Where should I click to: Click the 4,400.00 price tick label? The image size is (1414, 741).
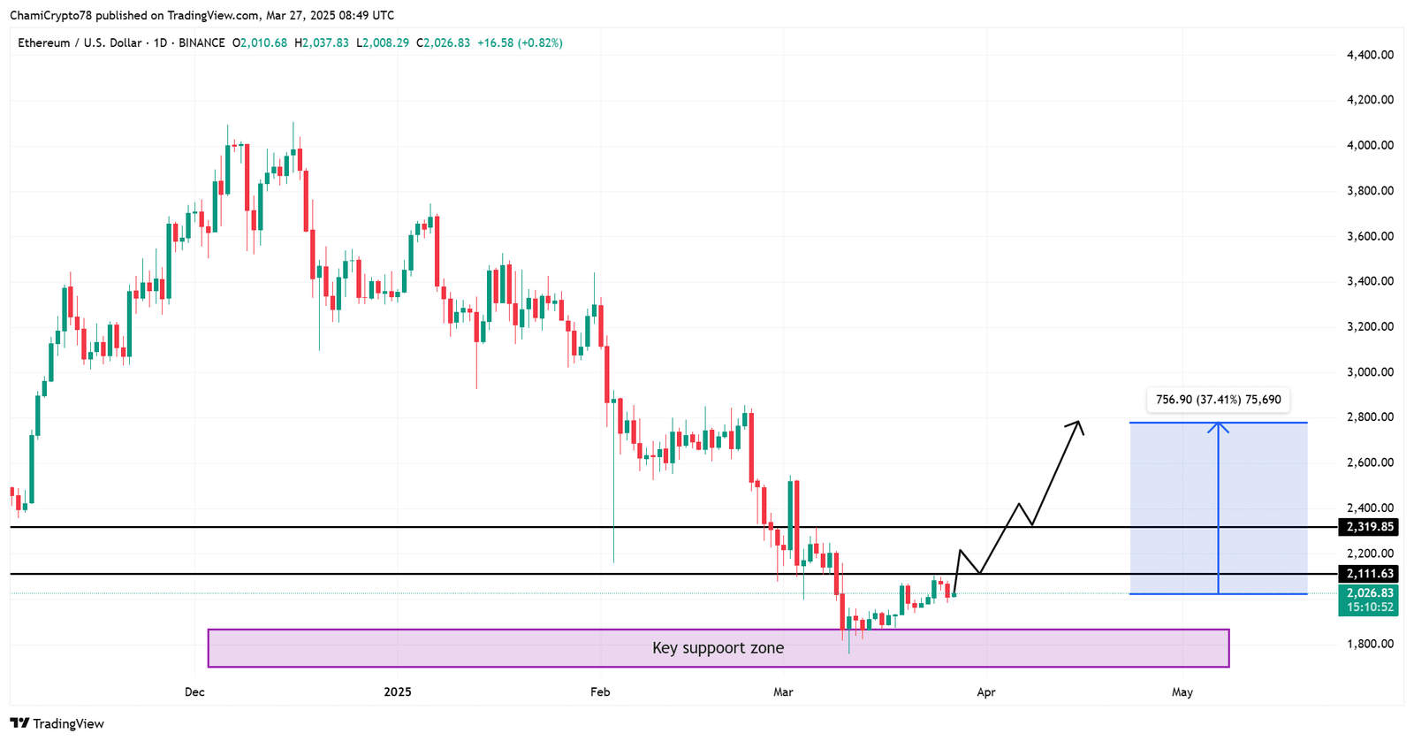(x=1370, y=55)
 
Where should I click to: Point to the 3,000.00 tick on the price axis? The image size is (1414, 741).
(x=1370, y=372)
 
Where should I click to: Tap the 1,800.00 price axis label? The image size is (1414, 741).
(x=1370, y=644)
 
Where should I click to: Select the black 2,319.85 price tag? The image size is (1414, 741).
(x=1369, y=527)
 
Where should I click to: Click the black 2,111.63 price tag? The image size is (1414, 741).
(x=1369, y=574)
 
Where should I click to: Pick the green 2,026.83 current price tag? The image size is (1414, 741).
(x=1369, y=593)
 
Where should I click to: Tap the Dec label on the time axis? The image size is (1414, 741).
(x=194, y=692)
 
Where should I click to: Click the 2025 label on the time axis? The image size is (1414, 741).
(x=398, y=692)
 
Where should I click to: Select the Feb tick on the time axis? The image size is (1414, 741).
(x=600, y=692)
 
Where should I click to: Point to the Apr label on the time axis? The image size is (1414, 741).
(x=986, y=692)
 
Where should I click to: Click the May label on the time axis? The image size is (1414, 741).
(x=1182, y=692)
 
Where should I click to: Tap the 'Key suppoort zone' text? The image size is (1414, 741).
(x=718, y=648)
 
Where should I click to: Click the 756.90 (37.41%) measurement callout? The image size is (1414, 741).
(x=1218, y=400)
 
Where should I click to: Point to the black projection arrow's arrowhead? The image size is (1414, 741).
(x=1077, y=424)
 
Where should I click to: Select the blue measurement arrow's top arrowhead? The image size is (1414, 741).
(x=1219, y=427)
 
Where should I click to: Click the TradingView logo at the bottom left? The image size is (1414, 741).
(x=57, y=723)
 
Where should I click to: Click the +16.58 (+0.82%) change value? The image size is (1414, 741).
(x=520, y=42)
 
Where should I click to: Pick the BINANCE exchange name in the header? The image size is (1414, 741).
(x=201, y=42)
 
